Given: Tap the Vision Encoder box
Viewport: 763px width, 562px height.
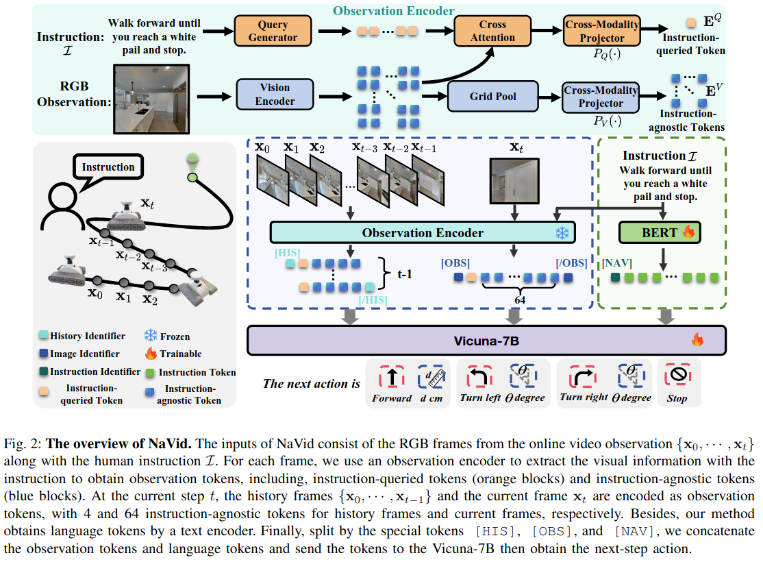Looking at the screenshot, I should coord(274,95).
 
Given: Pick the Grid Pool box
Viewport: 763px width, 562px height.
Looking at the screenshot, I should coord(493,96).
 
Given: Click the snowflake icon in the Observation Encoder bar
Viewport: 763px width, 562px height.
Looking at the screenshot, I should coord(562,233).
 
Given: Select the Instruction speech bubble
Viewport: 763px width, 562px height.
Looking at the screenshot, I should coord(108,168).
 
